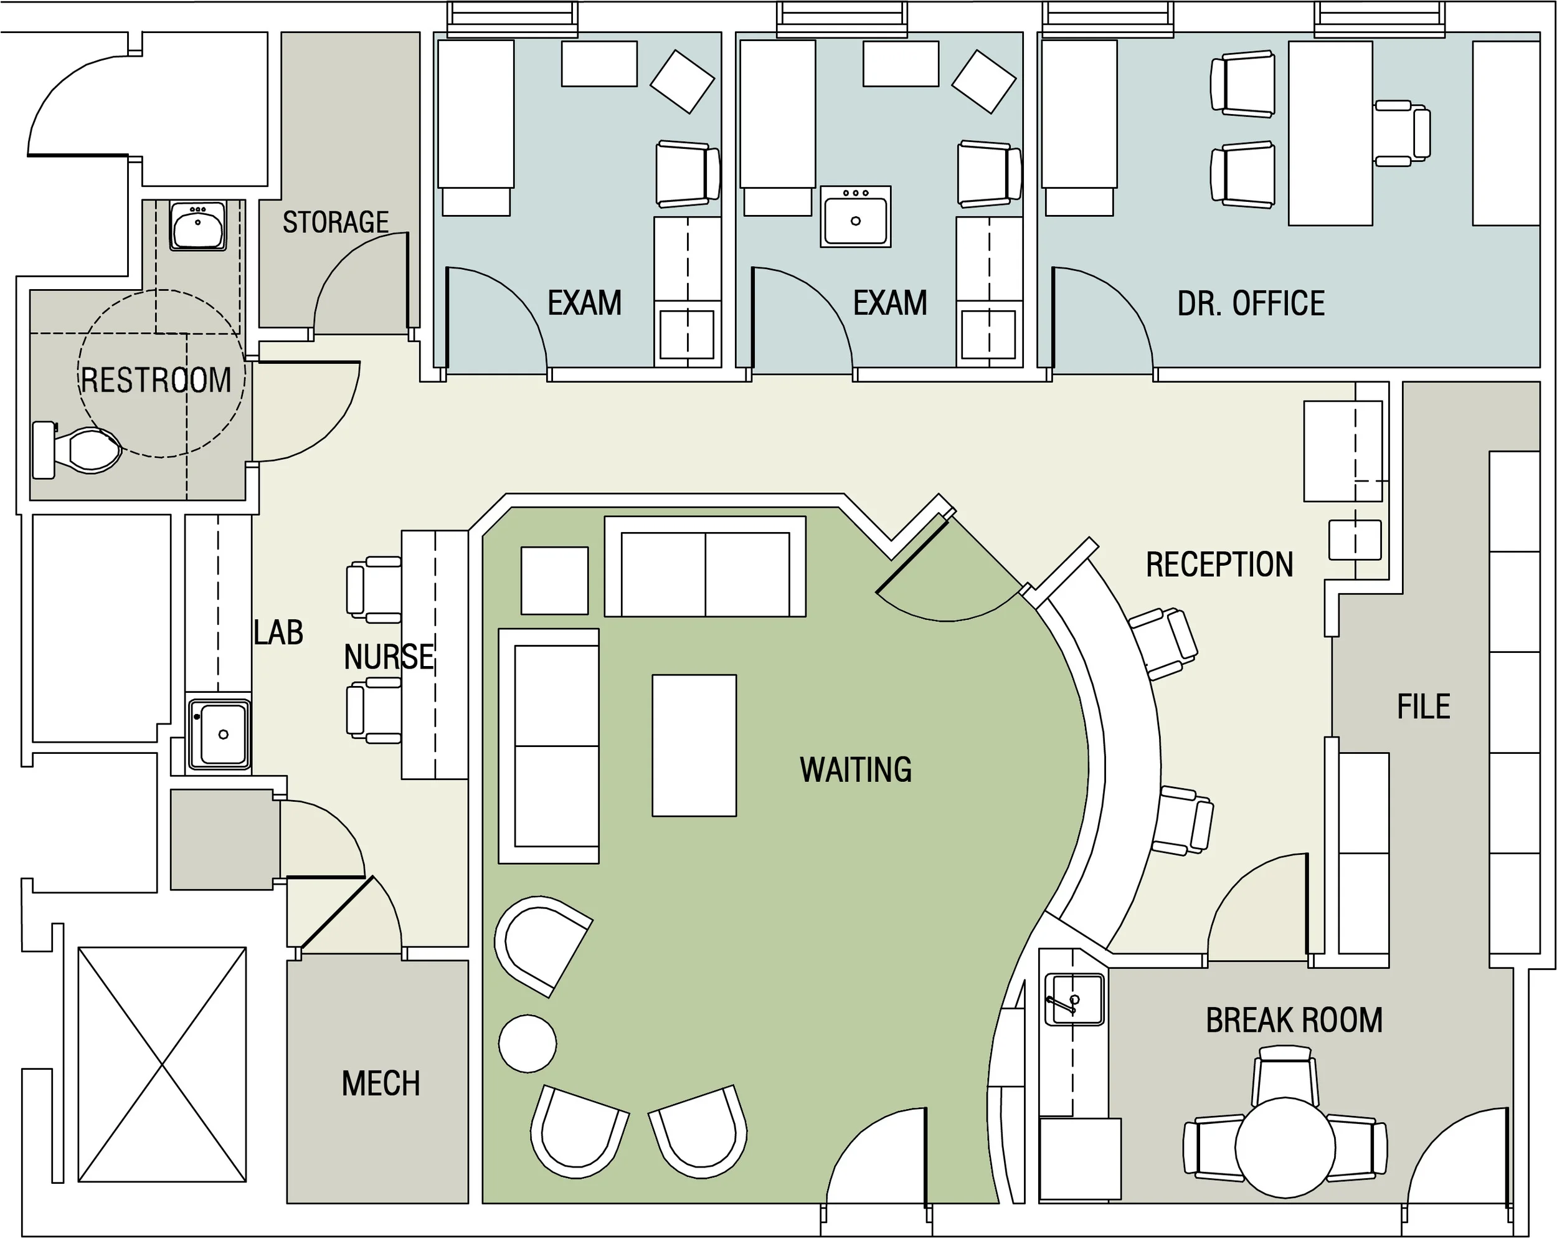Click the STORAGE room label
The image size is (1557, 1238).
point(335,222)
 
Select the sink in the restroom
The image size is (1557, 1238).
point(197,226)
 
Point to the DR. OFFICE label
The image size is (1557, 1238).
point(1251,304)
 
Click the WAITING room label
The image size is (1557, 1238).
point(855,770)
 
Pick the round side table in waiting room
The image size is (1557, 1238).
point(527,1043)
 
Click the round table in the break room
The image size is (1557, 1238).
point(1285,1147)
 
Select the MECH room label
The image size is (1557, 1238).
point(381,1083)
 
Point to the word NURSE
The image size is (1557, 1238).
point(389,657)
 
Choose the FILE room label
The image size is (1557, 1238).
point(1423,707)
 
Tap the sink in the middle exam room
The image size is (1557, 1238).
point(856,217)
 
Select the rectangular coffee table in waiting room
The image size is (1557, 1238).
point(694,745)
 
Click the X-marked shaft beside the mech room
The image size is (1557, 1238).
point(162,1064)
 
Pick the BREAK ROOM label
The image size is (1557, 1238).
point(1294,1021)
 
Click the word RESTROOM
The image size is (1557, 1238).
point(156,381)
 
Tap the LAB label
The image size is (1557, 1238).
point(278,633)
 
